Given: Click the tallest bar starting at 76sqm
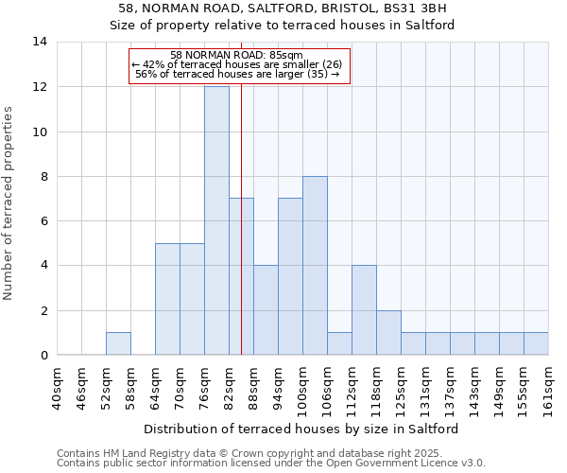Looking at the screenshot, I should tap(216, 220).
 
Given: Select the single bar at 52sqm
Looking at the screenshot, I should tap(118, 343).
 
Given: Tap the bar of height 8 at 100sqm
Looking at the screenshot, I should tap(315, 266).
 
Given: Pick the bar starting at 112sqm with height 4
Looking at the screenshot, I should tap(364, 310).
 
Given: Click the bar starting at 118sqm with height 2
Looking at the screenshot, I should tap(388, 332).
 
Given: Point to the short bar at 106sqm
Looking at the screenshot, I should tap(339, 343).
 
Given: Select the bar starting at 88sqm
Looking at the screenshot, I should tap(266, 310).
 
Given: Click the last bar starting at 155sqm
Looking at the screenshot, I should tap(536, 343).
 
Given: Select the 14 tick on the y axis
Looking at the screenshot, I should tap(40, 42).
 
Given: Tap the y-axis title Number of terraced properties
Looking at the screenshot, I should tap(9, 203).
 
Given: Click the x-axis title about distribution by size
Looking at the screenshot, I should tap(302, 429).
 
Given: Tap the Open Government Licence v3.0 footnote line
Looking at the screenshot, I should tap(271, 464).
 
